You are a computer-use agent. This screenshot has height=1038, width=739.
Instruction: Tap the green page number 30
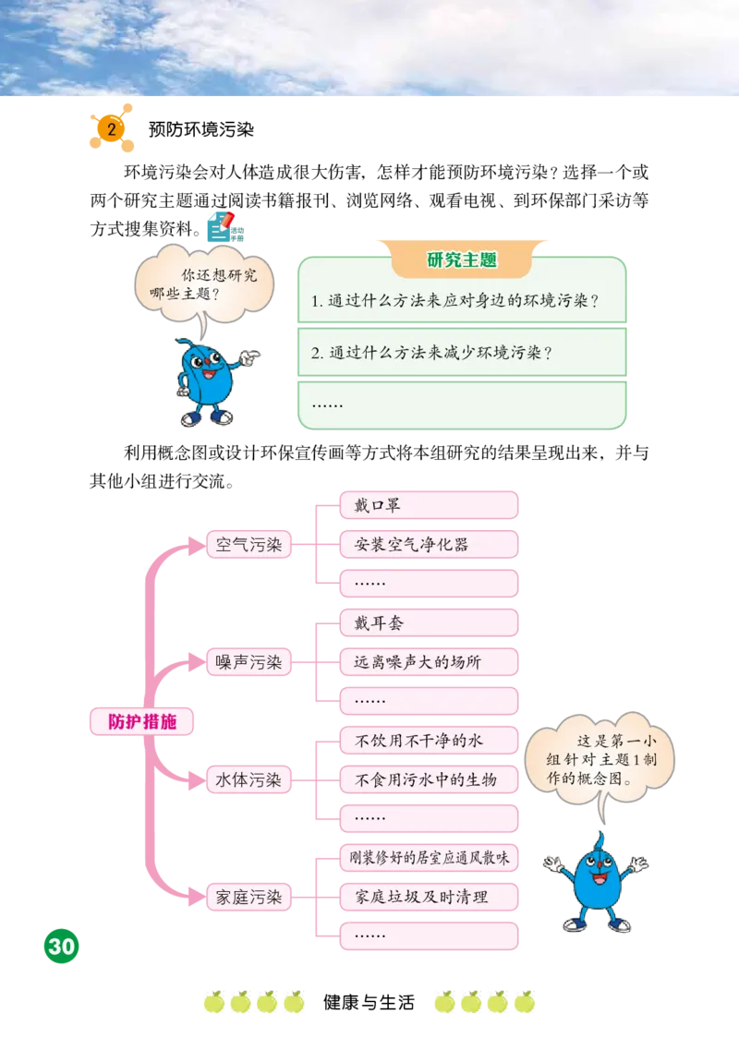point(61,947)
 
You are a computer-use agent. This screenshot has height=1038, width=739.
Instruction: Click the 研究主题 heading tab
point(462,260)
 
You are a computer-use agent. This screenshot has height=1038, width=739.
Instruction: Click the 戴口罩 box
point(429,505)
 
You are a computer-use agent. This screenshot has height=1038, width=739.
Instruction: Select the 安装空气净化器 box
point(429,545)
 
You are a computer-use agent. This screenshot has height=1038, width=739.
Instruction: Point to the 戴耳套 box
point(429,623)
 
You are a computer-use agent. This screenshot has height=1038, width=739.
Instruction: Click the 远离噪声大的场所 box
point(429,662)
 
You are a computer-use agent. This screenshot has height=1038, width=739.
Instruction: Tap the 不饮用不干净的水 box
point(429,740)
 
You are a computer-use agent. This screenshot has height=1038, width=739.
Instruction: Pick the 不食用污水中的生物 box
point(429,779)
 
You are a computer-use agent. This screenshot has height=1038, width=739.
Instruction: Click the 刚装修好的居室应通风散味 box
point(429,857)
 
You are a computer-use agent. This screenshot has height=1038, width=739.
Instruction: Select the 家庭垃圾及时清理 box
point(429,897)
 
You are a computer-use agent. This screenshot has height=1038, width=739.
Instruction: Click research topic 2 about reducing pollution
point(461,352)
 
